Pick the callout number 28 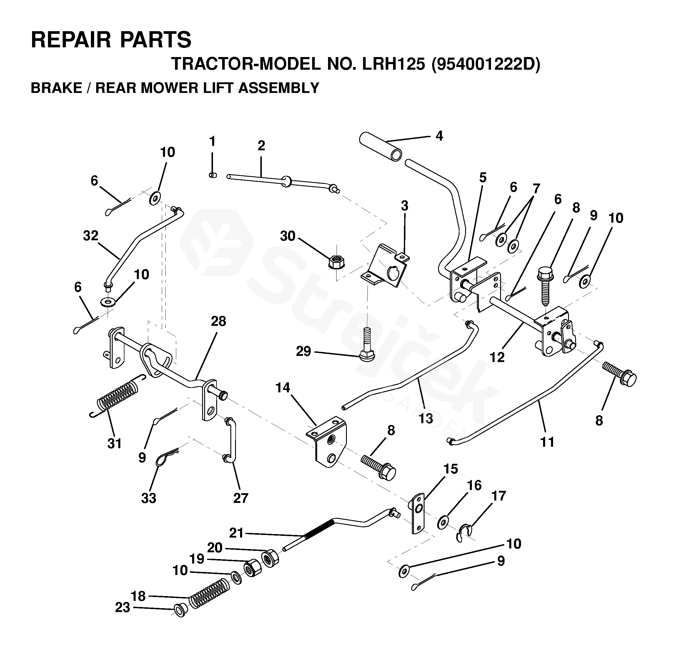218,321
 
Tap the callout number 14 283,388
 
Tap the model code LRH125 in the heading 393,64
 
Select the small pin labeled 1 213,175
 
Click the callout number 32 91,236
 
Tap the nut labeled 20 270,558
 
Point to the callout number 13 425,419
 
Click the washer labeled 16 443,522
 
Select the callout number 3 404,206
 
